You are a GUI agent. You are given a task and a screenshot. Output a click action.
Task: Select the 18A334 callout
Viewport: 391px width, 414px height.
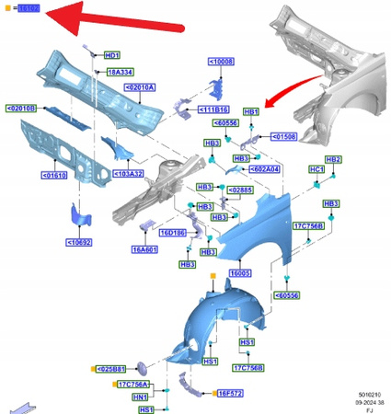[121, 72]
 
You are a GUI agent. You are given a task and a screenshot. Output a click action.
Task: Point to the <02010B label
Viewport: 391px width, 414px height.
[21, 109]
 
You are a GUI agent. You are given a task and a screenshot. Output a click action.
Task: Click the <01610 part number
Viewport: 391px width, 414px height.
[53, 174]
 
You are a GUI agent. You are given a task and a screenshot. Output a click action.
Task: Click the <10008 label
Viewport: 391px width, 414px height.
[222, 62]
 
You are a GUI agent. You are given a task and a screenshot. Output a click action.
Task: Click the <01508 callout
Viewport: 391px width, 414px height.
[285, 138]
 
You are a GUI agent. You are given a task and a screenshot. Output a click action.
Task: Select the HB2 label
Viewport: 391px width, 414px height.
[334, 159]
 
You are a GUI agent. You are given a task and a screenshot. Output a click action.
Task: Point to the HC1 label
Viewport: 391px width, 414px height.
[316, 170]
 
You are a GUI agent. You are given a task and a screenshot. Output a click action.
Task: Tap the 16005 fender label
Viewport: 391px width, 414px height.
[241, 273]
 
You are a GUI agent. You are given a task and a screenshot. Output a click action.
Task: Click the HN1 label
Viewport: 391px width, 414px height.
[140, 397]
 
